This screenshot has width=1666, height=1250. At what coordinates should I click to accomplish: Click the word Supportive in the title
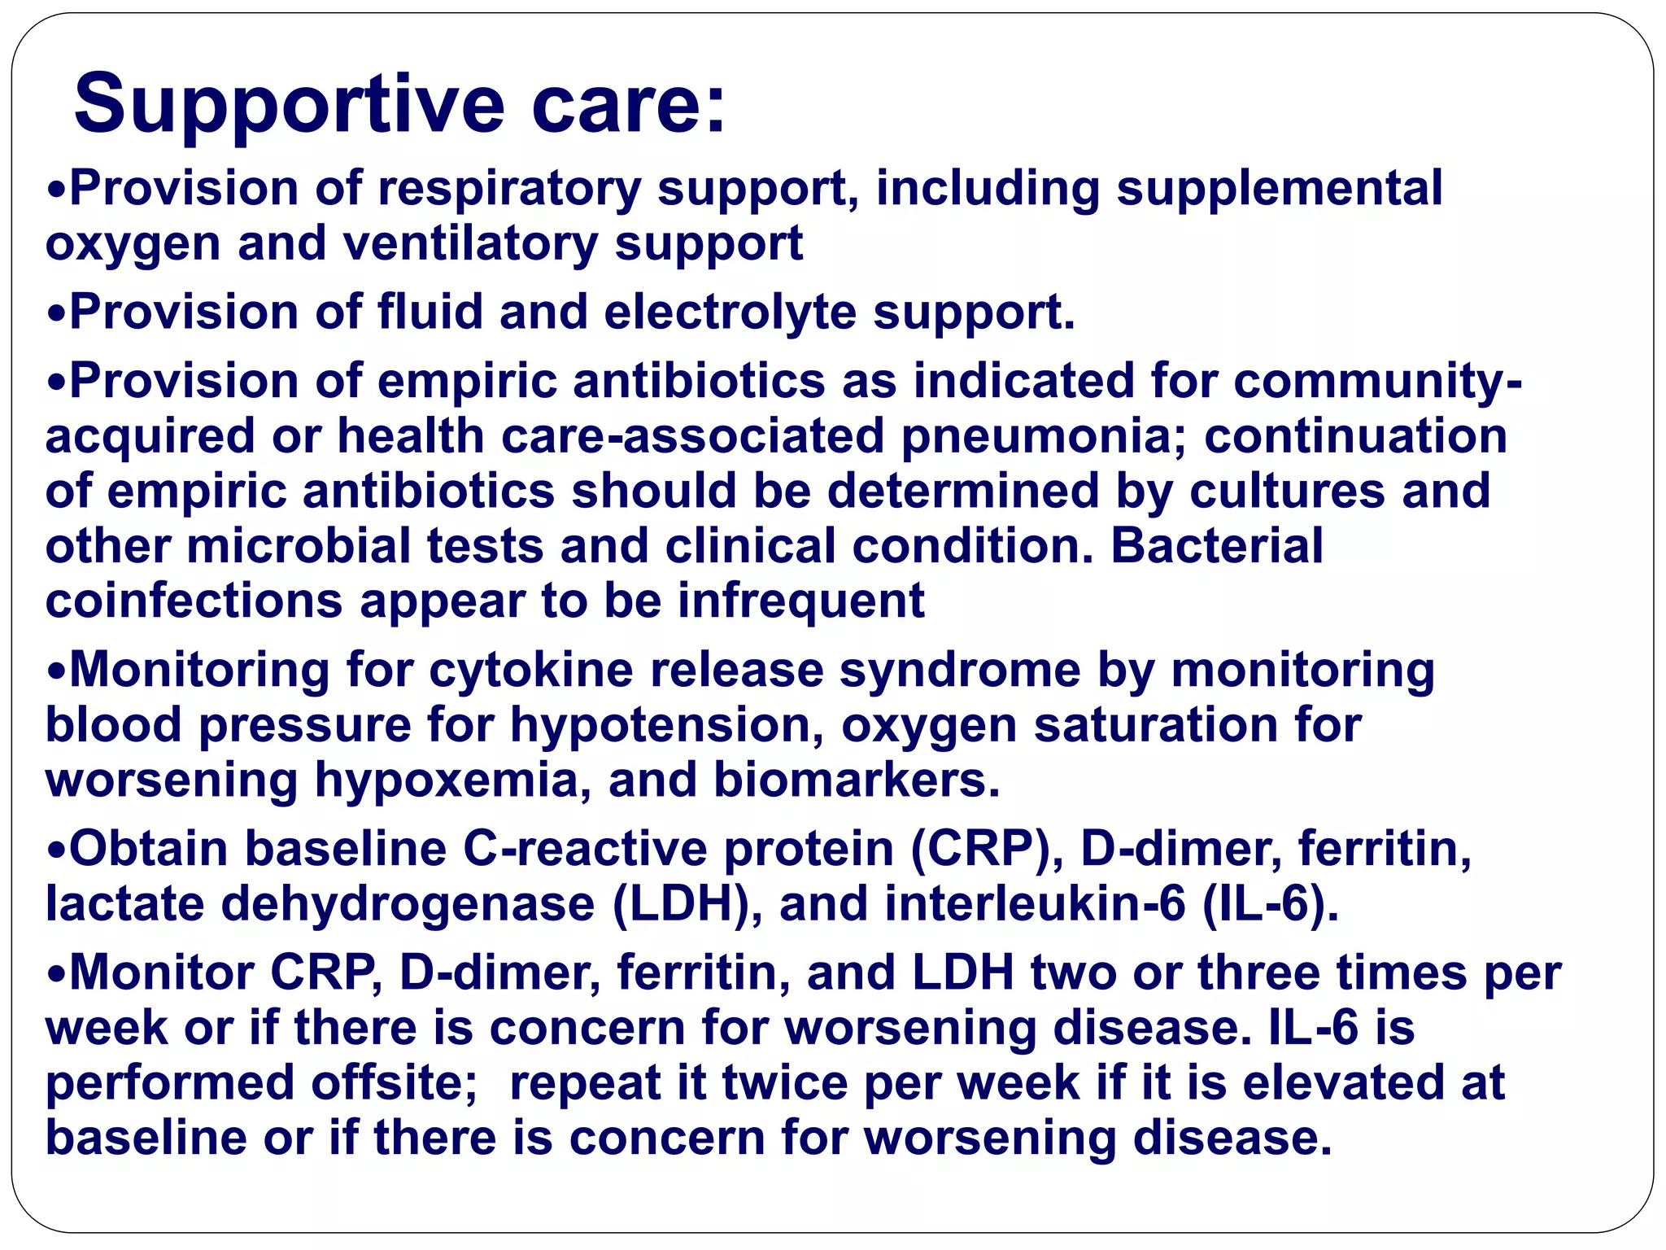[x=289, y=104]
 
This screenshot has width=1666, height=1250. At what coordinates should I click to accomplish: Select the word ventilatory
[x=469, y=243]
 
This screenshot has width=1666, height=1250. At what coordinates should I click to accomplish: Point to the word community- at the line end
[x=1376, y=381]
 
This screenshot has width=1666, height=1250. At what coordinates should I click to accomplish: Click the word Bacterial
[x=1217, y=546]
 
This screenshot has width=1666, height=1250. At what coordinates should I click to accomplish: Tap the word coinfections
[x=194, y=601]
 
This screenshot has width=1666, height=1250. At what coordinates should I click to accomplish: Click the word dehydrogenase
[x=408, y=905]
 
